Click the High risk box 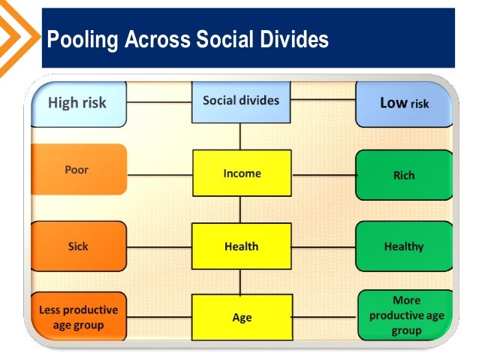click(x=78, y=103)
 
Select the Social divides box click(x=240, y=101)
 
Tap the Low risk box click(x=404, y=103)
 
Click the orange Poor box click(x=77, y=170)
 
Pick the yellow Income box click(x=242, y=174)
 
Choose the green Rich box click(x=404, y=175)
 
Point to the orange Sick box click(x=77, y=247)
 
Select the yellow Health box click(x=242, y=247)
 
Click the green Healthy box click(x=404, y=247)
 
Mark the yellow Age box click(x=242, y=318)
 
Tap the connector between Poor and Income click(x=159, y=174)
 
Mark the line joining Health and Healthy click(x=323, y=247)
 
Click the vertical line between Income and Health click(x=240, y=210)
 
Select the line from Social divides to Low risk click(x=323, y=100)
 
